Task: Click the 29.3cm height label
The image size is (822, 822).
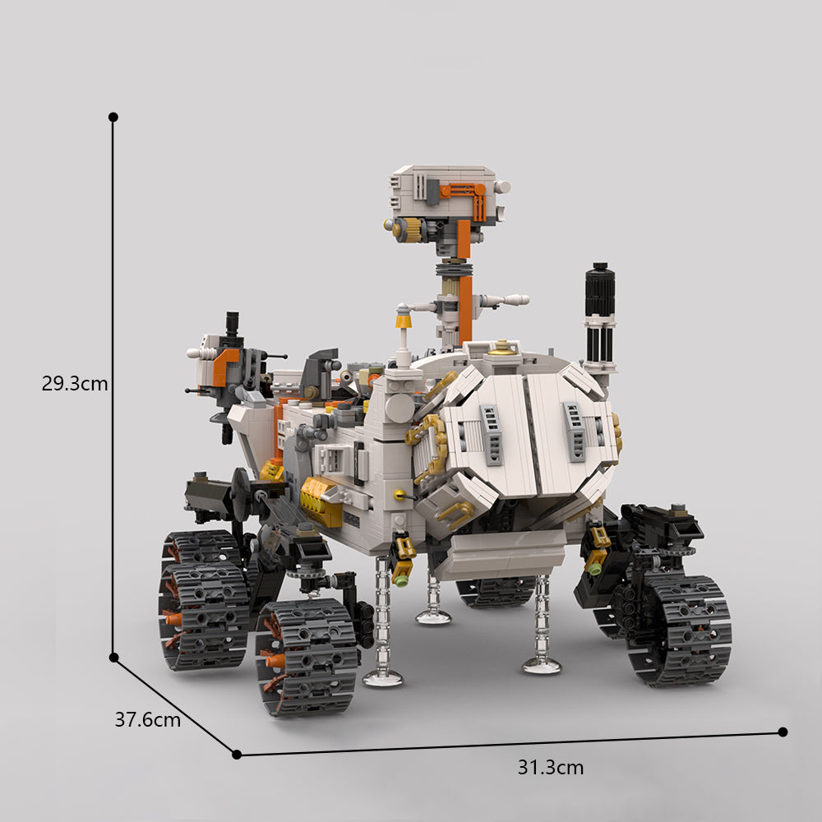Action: click(75, 383)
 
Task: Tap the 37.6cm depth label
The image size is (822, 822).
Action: click(147, 720)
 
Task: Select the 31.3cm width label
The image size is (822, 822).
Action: click(550, 768)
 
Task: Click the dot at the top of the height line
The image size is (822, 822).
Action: click(113, 118)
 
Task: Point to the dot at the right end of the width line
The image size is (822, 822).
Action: click(783, 732)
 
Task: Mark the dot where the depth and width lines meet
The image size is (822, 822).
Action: click(237, 754)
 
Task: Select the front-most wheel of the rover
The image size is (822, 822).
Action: click(307, 656)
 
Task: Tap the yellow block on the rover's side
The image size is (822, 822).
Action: click(321, 501)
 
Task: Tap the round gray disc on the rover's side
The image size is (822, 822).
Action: click(398, 408)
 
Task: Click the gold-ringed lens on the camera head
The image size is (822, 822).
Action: click(404, 229)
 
